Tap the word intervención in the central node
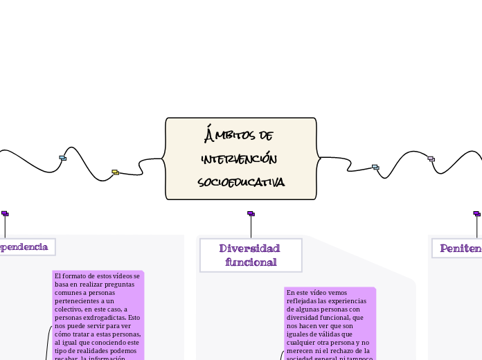[240, 159]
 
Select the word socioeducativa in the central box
[240, 182]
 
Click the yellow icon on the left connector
[115, 172]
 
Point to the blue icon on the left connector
[62, 158]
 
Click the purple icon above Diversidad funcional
[251, 214]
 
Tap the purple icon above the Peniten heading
[476, 214]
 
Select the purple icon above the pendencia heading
[5, 214]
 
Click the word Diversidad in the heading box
[249, 249]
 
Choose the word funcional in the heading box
[251, 262]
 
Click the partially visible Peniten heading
[460, 248]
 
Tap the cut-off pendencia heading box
[25, 246]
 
